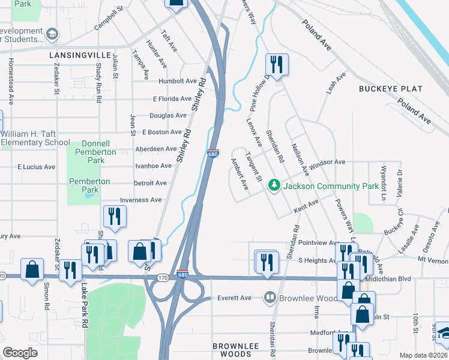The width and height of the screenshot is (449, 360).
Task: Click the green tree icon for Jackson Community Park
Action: pyautogui.click(x=274, y=185)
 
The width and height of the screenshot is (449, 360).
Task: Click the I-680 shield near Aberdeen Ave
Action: pyautogui.click(x=212, y=154)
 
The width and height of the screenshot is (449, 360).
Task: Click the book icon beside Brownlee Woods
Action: pyautogui.click(x=270, y=298)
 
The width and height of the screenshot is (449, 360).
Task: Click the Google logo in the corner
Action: pyautogui.click(x=20, y=353)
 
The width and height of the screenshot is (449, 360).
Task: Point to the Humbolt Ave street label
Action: pyautogui.click(x=178, y=81)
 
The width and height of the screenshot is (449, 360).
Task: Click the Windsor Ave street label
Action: pyautogui.click(x=327, y=162)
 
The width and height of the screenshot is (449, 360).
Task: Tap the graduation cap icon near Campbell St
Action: pyautogui.click(x=52, y=34)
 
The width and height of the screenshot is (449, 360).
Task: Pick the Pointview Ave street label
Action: pyautogui.click(x=319, y=242)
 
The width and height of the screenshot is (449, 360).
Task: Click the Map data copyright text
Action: pyautogui.click(x=423, y=355)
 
